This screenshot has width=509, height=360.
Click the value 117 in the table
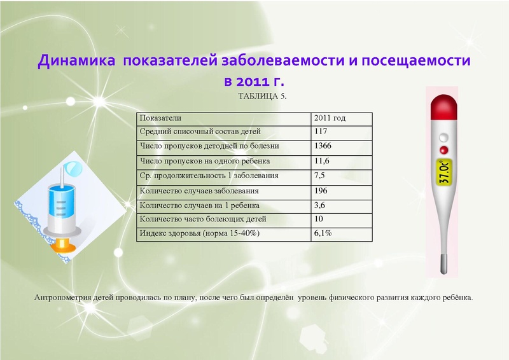(321, 132)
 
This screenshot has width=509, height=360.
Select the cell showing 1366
(323, 147)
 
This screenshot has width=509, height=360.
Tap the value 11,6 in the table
(322, 162)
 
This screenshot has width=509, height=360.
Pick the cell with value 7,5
(320, 176)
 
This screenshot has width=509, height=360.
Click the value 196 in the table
(321, 190)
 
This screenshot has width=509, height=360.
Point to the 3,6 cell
(320, 205)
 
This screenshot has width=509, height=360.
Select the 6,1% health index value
(323, 233)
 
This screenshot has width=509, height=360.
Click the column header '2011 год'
(330, 118)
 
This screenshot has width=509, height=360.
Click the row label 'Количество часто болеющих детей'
(202, 219)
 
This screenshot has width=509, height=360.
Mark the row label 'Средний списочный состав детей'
(200, 132)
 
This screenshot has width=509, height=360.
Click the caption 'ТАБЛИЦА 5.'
(263, 97)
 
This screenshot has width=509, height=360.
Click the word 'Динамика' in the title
(76, 62)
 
